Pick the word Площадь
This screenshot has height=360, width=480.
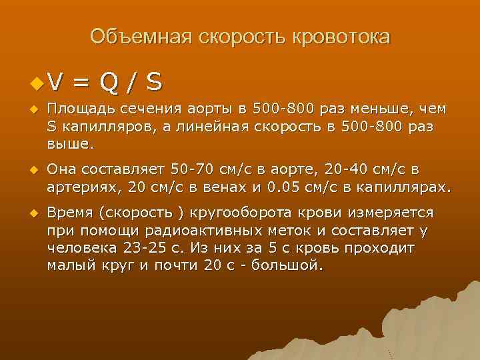coord(76,109)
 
